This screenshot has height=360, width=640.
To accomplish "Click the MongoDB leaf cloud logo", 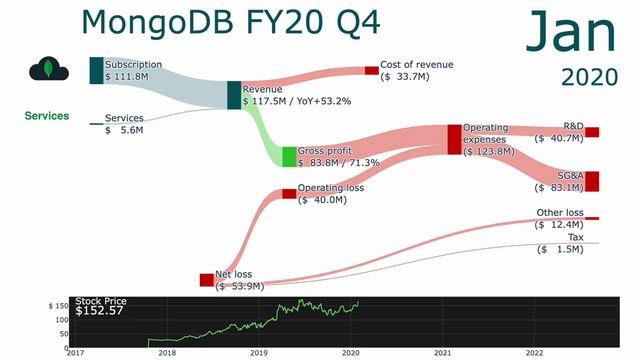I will pyautogui.click(x=49, y=70).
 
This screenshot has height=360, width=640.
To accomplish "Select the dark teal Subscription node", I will pyautogui.click(x=96, y=70).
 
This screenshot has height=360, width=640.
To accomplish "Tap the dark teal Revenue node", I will pyautogui.click(x=234, y=95).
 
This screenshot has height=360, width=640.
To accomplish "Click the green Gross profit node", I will pyautogui.click(x=289, y=156).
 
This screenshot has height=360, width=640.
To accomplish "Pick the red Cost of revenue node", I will pyautogui.click(x=371, y=70).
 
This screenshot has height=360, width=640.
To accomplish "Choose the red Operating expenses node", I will pyautogui.click(x=454, y=139).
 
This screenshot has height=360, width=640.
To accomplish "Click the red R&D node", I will pyautogui.click(x=592, y=132).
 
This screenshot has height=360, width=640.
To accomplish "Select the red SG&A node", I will pyautogui.click(x=592, y=181).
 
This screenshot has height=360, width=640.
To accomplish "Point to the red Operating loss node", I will pyautogui.click(x=289, y=193).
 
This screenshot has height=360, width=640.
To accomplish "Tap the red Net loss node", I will pyautogui.click(x=207, y=280).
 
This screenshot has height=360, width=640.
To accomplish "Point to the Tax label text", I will pyautogui.click(x=576, y=237).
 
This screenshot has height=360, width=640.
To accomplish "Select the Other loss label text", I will pyautogui.click(x=560, y=212).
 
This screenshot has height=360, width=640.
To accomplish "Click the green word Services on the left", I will pyautogui.click(x=47, y=116).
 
